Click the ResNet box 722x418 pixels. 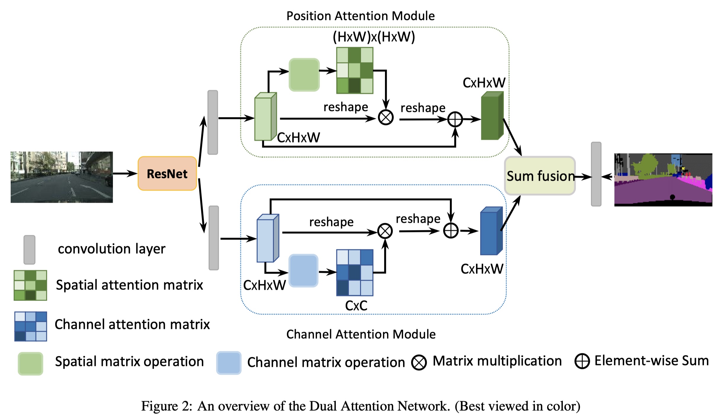(167, 173)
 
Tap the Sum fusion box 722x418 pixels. (540, 176)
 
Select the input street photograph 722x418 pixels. (62, 177)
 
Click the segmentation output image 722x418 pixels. (663, 180)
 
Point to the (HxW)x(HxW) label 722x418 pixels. (374, 37)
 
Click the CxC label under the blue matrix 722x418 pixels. (356, 306)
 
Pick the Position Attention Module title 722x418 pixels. (360, 16)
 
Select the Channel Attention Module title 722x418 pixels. (361, 334)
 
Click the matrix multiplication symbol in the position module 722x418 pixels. (386, 117)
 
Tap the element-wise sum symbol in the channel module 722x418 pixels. (451, 231)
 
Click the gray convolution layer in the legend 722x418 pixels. (29, 250)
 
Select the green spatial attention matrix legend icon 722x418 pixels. (30, 285)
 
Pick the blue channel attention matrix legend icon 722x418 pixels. (31, 326)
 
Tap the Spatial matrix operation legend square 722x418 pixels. (31, 363)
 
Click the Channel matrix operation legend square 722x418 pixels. (229, 363)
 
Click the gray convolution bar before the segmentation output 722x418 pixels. (596, 174)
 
